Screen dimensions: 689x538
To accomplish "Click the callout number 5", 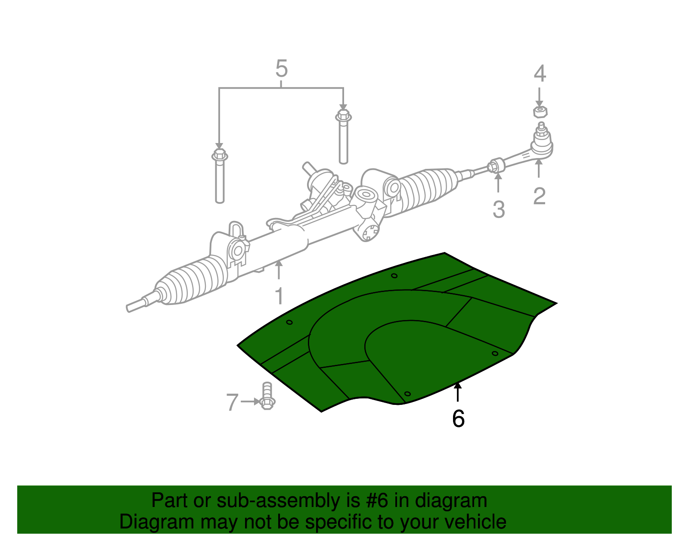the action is coord(281,68).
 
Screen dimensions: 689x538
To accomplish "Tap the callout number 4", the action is coord(540,73).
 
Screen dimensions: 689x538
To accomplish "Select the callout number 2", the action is coord(539,196).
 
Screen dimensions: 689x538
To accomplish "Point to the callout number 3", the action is coord(498,209).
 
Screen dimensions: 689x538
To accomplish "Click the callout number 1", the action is coord(279,296).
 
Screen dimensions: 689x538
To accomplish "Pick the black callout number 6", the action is coord(458,418).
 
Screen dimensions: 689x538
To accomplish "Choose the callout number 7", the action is coord(232,402).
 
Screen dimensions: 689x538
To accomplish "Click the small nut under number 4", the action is coord(540,112).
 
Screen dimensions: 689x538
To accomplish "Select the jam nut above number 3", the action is coord(496,165).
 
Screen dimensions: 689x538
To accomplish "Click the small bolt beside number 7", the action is coord(267,396).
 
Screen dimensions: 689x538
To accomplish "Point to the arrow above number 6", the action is coord(457,392).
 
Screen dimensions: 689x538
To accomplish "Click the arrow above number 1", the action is coord(279,270).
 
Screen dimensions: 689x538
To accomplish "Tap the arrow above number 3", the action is coord(498,183).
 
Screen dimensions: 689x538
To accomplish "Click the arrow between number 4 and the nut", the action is coord(539,97).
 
